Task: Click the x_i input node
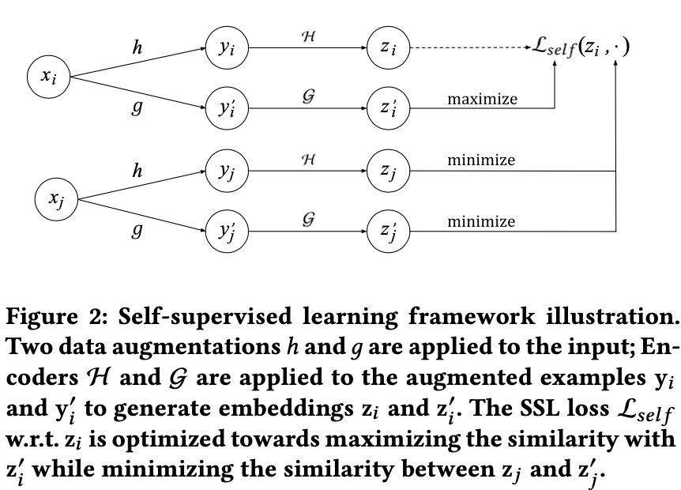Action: coord(49,77)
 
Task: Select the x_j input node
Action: coord(56,199)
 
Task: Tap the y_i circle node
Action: coord(227,47)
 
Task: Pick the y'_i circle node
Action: coord(227,107)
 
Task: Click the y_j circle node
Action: coord(227,171)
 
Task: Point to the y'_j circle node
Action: coord(227,231)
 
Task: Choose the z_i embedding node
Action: coord(388,47)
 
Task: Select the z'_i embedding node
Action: coord(388,107)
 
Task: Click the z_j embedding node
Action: coord(388,171)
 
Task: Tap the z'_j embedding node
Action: coord(388,231)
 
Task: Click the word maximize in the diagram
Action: coord(483,99)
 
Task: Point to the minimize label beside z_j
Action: coord(481,160)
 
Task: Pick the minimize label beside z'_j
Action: coord(481,221)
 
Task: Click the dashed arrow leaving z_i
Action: coord(471,47)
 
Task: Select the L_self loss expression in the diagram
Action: coord(581,47)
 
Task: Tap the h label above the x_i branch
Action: coord(137,47)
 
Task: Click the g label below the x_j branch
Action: coord(137,230)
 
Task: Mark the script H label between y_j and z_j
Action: coord(308,160)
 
